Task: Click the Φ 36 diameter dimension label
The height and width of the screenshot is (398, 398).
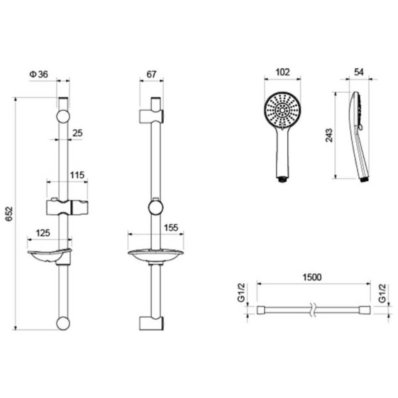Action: click(x=38, y=74)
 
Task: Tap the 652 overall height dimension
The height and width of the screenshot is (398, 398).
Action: click(x=9, y=214)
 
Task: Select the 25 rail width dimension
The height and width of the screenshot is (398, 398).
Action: click(x=78, y=133)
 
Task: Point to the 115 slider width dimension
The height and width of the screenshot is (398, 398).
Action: click(x=77, y=175)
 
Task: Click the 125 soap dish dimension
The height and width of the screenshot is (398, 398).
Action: click(x=43, y=233)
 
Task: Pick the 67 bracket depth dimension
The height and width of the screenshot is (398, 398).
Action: click(x=151, y=74)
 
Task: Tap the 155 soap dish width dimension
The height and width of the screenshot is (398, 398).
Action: click(x=171, y=228)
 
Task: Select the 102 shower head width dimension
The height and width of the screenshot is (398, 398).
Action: click(x=283, y=72)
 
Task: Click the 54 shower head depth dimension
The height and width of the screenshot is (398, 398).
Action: click(x=359, y=72)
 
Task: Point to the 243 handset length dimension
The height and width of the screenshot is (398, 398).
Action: click(x=329, y=135)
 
